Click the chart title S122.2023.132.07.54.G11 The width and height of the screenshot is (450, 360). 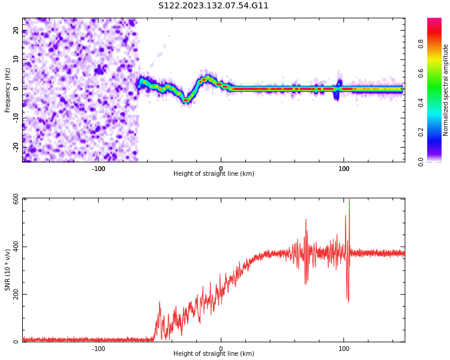[214, 6]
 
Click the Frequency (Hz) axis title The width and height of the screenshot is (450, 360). [8, 90]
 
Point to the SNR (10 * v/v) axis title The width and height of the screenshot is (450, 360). [8, 270]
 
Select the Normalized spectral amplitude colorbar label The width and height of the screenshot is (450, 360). [446, 90]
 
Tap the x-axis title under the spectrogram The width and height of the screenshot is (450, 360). [214, 174]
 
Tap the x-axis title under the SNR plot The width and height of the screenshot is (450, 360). [214, 354]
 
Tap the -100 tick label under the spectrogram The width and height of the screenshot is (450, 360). [98, 169]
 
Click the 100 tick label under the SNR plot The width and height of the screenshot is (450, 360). [344, 349]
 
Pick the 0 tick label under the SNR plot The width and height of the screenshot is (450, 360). [221, 349]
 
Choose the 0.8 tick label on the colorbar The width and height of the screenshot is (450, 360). [421, 44]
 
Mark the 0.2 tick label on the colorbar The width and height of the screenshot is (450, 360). [421, 132]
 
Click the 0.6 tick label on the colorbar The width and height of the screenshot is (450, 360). [421, 73]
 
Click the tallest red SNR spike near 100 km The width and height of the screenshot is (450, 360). [349, 201]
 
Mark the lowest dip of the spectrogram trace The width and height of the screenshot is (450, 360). [186, 101]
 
